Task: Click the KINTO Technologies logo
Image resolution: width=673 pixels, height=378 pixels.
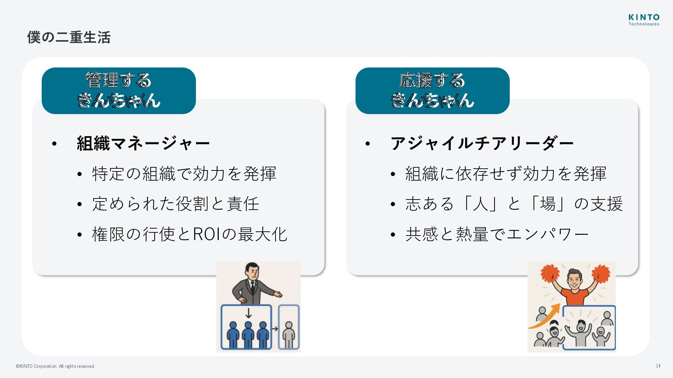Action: [644, 20]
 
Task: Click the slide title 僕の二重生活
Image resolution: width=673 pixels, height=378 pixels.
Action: [69, 37]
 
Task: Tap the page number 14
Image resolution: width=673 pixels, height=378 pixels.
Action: [658, 366]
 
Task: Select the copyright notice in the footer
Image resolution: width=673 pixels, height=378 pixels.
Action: [55, 366]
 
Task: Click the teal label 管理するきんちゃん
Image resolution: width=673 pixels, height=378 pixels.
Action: [118, 90]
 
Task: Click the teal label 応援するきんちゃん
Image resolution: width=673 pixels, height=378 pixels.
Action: [432, 90]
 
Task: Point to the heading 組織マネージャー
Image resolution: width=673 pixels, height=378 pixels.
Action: [143, 143]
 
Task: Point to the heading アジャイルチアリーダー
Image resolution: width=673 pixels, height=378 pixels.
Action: [482, 143]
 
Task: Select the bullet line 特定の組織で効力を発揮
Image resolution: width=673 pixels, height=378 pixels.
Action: [184, 174]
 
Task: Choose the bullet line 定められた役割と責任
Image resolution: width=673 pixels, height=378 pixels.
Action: [175, 204]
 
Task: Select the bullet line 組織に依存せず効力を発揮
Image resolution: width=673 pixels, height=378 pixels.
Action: [505, 174]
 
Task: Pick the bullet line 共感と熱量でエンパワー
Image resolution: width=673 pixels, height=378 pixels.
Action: [497, 234]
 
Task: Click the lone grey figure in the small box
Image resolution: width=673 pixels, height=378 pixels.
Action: [288, 334]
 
